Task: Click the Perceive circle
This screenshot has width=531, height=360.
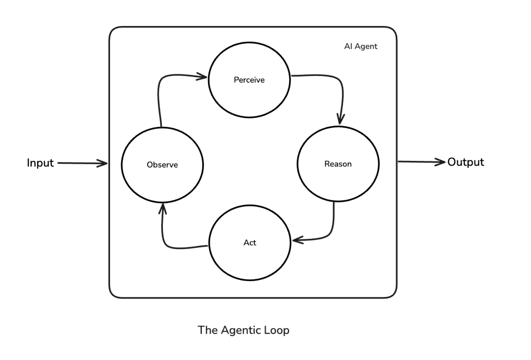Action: pyautogui.click(x=249, y=80)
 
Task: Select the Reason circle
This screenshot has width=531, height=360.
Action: pyautogui.click(x=338, y=164)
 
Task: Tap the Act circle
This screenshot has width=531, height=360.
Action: pyautogui.click(x=250, y=242)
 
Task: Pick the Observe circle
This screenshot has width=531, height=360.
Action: pyautogui.click(x=162, y=165)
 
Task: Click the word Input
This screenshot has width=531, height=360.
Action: pyautogui.click(x=40, y=163)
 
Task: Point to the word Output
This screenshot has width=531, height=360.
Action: pyautogui.click(x=465, y=162)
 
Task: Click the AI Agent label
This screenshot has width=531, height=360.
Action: pyautogui.click(x=361, y=47)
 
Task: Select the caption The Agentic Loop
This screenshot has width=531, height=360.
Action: pyautogui.click(x=243, y=330)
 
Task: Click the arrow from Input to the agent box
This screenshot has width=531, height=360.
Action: pyautogui.click(x=81, y=163)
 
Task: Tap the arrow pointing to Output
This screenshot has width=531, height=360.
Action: pyautogui.click(x=421, y=162)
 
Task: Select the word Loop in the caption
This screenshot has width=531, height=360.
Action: pyautogui.click(x=277, y=330)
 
